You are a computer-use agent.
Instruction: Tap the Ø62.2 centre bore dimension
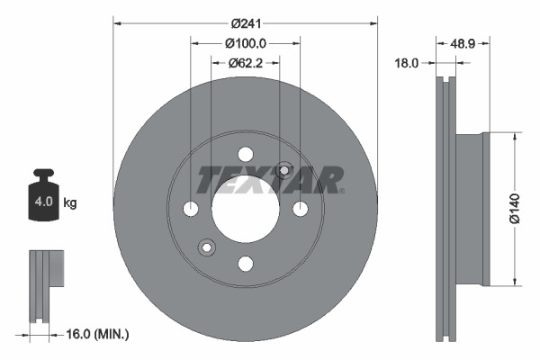[x=245, y=62]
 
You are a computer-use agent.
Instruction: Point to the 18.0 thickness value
[x=409, y=63]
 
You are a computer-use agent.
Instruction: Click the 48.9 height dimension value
[x=463, y=42]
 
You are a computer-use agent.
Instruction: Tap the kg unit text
[x=69, y=203]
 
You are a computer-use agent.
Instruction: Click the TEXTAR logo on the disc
[x=270, y=180]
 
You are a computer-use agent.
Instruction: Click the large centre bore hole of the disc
[x=245, y=208]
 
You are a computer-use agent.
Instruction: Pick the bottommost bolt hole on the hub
[x=245, y=263]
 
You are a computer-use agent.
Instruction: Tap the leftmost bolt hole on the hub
[x=190, y=209]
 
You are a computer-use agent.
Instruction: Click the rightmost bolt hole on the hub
[x=300, y=209]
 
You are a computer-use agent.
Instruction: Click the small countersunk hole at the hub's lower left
[x=206, y=247]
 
